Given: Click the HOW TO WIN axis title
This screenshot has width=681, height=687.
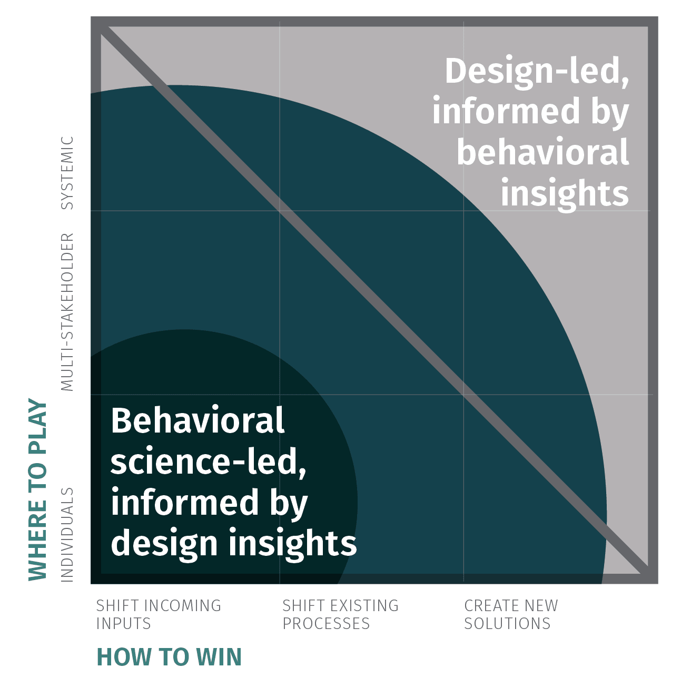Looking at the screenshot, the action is [x=169, y=657].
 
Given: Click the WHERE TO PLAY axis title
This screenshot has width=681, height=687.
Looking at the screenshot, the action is [x=38, y=490].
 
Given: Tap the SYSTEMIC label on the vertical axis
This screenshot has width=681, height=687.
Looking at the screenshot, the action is [x=67, y=173].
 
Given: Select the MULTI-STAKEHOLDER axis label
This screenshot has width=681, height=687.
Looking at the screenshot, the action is [x=67, y=312].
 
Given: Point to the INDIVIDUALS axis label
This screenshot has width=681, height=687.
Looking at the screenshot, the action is [x=67, y=535].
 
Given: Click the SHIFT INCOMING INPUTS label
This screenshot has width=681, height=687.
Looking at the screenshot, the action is [x=158, y=614].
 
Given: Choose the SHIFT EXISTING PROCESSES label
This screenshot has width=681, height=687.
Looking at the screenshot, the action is [x=340, y=614].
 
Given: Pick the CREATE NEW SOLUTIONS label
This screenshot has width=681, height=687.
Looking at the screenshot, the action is [x=510, y=614].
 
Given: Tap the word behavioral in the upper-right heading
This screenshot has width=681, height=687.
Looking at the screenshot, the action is [x=542, y=152].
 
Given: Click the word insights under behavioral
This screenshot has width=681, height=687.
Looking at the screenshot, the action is [x=564, y=193].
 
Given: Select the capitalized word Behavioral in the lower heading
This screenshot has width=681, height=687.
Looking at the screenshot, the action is [x=198, y=420].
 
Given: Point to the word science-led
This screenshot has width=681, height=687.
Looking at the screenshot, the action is [x=208, y=462].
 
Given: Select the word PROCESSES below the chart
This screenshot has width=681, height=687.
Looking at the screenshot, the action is [x=326, y=624].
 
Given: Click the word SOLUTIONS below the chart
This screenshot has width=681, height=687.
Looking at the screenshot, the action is [x=507, y=624].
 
